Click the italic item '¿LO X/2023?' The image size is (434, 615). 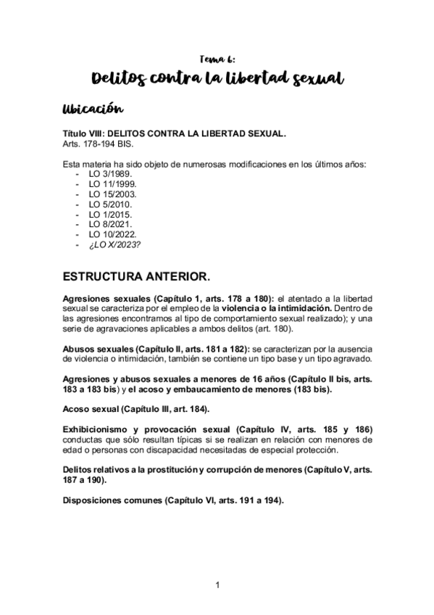point(114,245)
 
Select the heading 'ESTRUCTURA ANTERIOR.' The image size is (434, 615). point(137,276)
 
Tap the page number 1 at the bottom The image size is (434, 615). point(217,584)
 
